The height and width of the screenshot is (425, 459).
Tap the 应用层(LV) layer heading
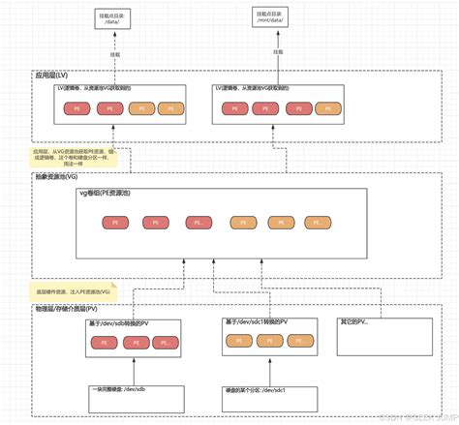pyautogui.click(x=55, y=74)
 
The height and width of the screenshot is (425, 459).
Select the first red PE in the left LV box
pyautogui.click(x=76, y=109)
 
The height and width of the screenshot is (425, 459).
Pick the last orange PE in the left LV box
pyautogui.click(x=171, y=109)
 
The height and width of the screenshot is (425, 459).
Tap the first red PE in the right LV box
pyautogui.click(x=231, y=109)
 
